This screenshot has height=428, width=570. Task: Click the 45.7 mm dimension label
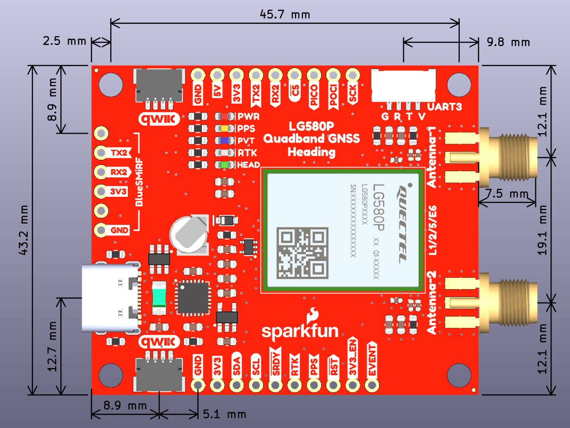tap(285, 14)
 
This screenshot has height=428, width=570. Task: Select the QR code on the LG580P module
tap(303, 253)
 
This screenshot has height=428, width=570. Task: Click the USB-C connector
tap(110, 298)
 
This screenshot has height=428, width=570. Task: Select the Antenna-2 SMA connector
tap(508, 302)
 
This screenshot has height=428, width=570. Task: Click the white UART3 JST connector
tap(403, 86)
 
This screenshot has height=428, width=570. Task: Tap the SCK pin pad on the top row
tap(352, 75)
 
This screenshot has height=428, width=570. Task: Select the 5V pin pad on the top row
tap(218, 75)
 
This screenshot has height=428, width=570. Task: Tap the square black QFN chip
tap(192, 297)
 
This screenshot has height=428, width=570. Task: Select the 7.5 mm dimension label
tap(507, 194)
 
